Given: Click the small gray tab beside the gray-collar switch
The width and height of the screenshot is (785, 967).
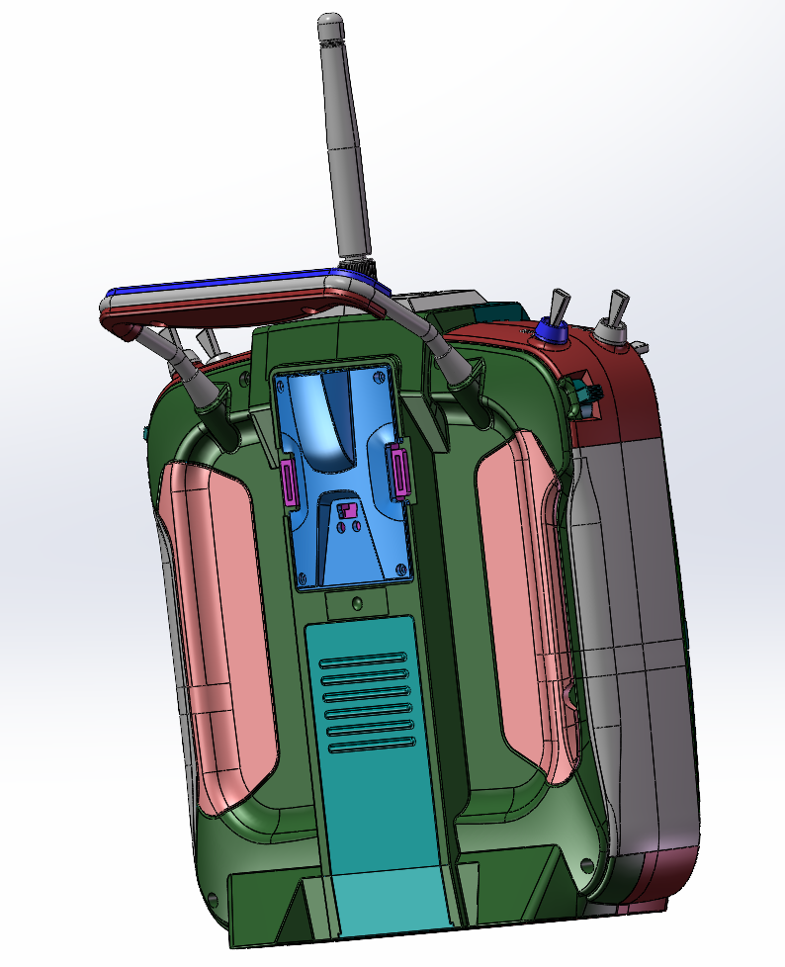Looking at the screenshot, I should (643, 346).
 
